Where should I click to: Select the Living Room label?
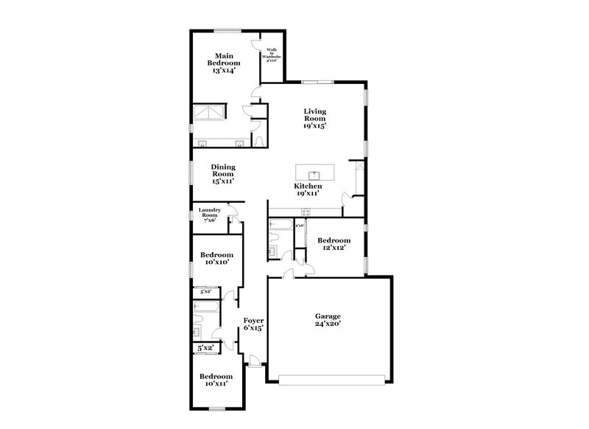pyautogui.click(x=314, y=118)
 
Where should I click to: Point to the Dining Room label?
pyautogui.click(x=223, y=174)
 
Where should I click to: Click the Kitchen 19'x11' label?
pyautogui.click(x=308, y=191)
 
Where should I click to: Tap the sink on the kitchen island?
pyautogui.click(x=314, y=174)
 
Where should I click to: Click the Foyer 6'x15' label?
pyautogui.click(x=253, y=324)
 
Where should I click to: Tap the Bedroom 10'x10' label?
pyautogui.click(x=216, y=259)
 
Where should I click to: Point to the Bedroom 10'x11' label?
pyautogui.click(x=216, y=380)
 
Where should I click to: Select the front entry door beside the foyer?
pyautogui.click(x=254, y=361)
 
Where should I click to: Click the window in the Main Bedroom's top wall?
pyautogui.click(x=227, y=30)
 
